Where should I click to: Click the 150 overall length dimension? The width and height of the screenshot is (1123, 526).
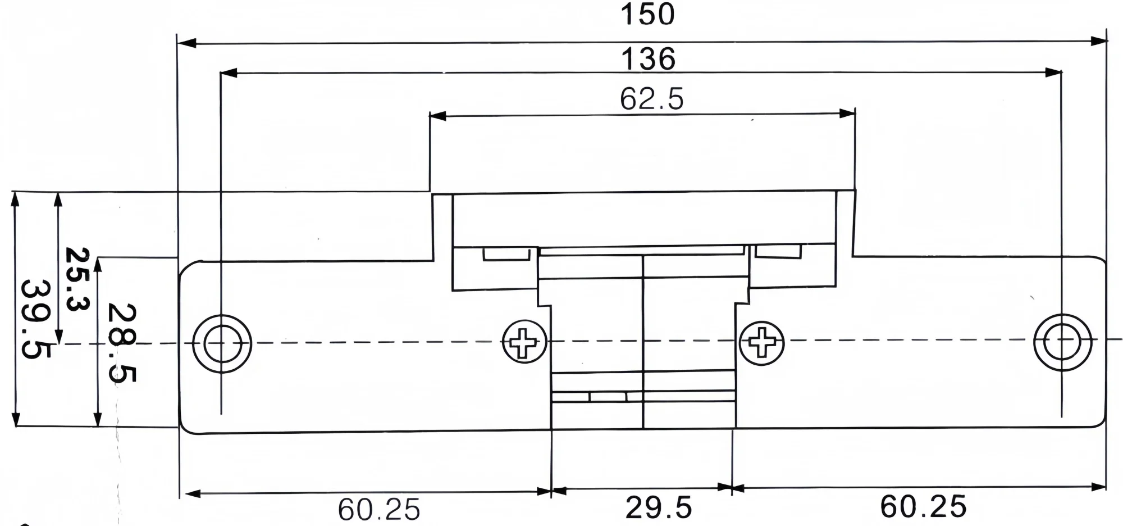(647, 15)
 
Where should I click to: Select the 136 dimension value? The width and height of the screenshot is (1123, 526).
(648, 59)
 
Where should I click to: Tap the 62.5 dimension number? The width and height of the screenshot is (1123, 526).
(652, 99)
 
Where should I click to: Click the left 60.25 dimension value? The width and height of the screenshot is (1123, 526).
(379, 510)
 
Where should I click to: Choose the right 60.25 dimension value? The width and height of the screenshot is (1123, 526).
(923, 506)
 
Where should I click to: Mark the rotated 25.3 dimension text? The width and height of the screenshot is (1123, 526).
(77, 279)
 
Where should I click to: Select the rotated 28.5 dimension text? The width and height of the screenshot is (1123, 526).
(121, 343)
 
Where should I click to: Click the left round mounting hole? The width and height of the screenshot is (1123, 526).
(222, 343)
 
